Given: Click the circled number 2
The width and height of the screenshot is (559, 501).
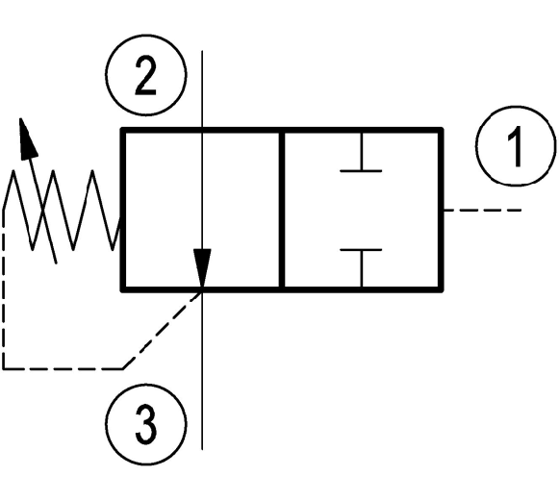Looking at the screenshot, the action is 146,75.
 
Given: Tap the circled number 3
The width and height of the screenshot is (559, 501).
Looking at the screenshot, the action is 146,424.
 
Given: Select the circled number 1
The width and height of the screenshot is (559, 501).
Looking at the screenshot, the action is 516,146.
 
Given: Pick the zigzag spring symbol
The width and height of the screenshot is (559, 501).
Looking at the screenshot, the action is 63,211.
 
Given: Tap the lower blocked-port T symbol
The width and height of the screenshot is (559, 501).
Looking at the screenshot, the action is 361,268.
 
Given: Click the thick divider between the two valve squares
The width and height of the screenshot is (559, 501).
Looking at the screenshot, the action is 282,211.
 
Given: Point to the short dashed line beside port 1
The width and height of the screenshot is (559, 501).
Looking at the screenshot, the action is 482,211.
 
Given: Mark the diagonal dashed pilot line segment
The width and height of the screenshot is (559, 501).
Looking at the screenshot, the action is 163,330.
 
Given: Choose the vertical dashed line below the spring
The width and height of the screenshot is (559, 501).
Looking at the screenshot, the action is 4,288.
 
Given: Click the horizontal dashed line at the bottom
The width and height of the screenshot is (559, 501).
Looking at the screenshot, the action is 63,368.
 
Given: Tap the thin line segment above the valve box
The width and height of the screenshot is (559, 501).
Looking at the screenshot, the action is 202,89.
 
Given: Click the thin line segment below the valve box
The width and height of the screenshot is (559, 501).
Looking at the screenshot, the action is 202,371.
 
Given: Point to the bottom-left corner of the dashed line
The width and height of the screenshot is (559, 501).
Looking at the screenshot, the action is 4,368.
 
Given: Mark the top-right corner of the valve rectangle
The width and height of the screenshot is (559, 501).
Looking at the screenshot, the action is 441,130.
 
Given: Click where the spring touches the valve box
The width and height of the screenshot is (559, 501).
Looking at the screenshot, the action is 121,218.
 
